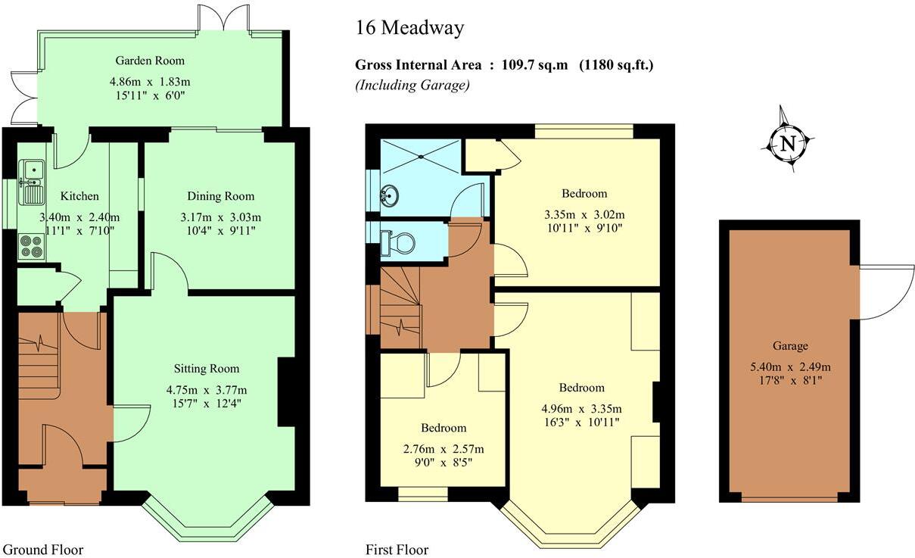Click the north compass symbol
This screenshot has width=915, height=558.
(788, 143)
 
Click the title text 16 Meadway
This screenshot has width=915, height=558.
(409, 29)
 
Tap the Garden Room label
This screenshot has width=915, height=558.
(149, 61)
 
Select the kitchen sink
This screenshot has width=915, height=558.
(32, 182)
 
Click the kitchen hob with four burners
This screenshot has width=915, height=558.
(32, 246)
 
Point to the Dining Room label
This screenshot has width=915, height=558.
(219, 196)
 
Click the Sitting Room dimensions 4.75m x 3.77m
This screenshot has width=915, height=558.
(207, 390)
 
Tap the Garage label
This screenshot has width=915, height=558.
(790, 346)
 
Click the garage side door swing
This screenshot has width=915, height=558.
(885, 291)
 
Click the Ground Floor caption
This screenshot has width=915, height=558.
(43, 550)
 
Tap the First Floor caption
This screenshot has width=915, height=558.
(397, 550)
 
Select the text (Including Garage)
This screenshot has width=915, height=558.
(412, 85)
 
